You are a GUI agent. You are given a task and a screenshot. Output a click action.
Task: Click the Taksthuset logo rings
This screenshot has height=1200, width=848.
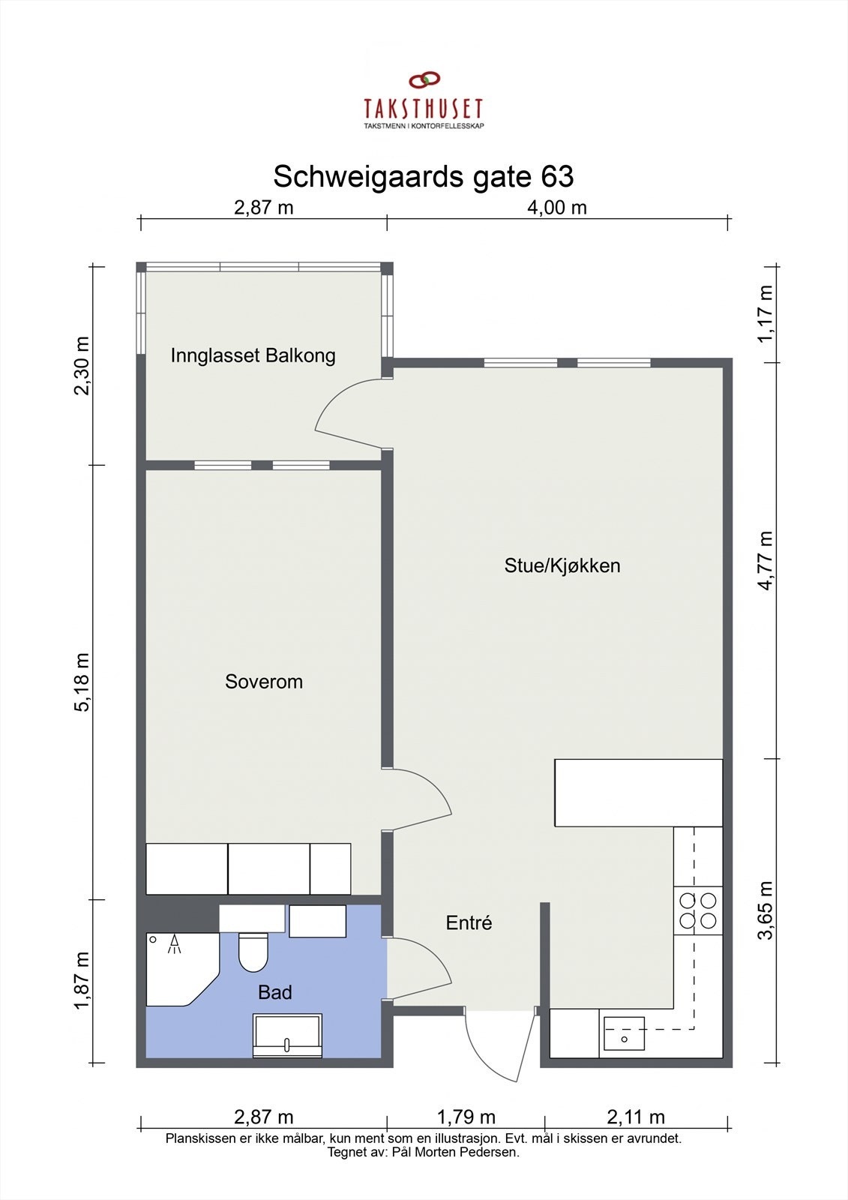pos(424,80)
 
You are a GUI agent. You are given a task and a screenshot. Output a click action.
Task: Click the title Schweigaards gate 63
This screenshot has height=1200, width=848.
pos(423,176)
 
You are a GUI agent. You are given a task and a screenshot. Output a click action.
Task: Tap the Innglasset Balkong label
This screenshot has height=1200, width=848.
pos(253,355)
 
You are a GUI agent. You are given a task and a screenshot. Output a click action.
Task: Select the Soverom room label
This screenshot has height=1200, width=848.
pos(264,682)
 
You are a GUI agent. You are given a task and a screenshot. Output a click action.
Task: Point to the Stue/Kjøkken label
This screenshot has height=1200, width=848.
pos(562,565)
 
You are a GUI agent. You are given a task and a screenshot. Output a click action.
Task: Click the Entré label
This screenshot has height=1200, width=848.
pos(469,922)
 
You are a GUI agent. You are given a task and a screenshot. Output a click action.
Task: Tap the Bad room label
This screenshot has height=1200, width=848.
pos(275,992)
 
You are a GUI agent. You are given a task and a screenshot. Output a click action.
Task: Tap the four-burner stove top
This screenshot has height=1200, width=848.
pos(698,910)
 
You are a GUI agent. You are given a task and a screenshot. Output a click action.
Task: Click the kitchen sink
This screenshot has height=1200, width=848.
pos(624,1033)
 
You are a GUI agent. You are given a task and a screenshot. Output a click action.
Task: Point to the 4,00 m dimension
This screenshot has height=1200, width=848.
pos(557,208)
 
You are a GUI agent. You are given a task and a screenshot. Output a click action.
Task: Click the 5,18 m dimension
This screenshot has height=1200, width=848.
pos(82,682)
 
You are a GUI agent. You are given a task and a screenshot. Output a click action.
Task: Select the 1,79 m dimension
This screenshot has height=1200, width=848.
pos(466,1117)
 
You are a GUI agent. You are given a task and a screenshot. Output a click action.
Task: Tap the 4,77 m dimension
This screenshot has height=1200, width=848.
pos(765,560)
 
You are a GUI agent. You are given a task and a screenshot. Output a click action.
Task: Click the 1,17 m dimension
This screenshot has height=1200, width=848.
pos(765,314)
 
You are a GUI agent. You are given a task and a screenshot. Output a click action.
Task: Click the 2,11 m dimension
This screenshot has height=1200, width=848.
pos(636,1117)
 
